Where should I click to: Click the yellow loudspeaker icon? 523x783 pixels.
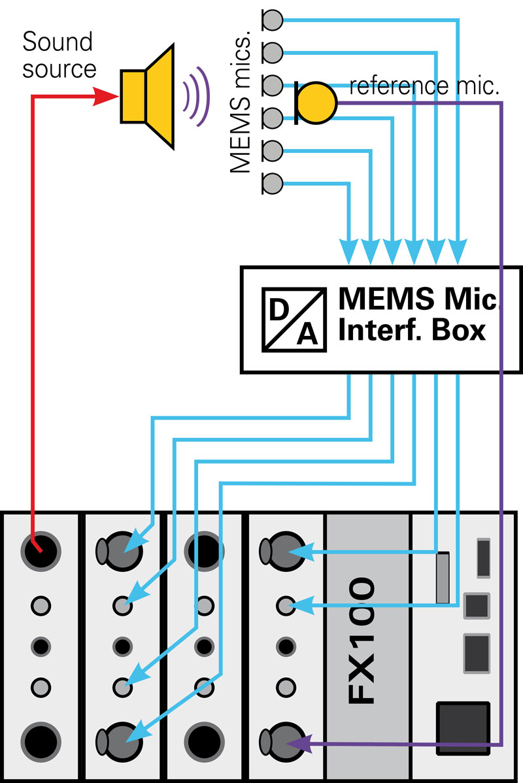[x=149, y=96]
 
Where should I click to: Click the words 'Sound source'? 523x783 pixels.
[x=59, y=54]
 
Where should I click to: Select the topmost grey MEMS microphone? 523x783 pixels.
[x=272, y=20]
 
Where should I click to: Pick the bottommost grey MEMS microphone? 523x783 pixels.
[x=272, y=184]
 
